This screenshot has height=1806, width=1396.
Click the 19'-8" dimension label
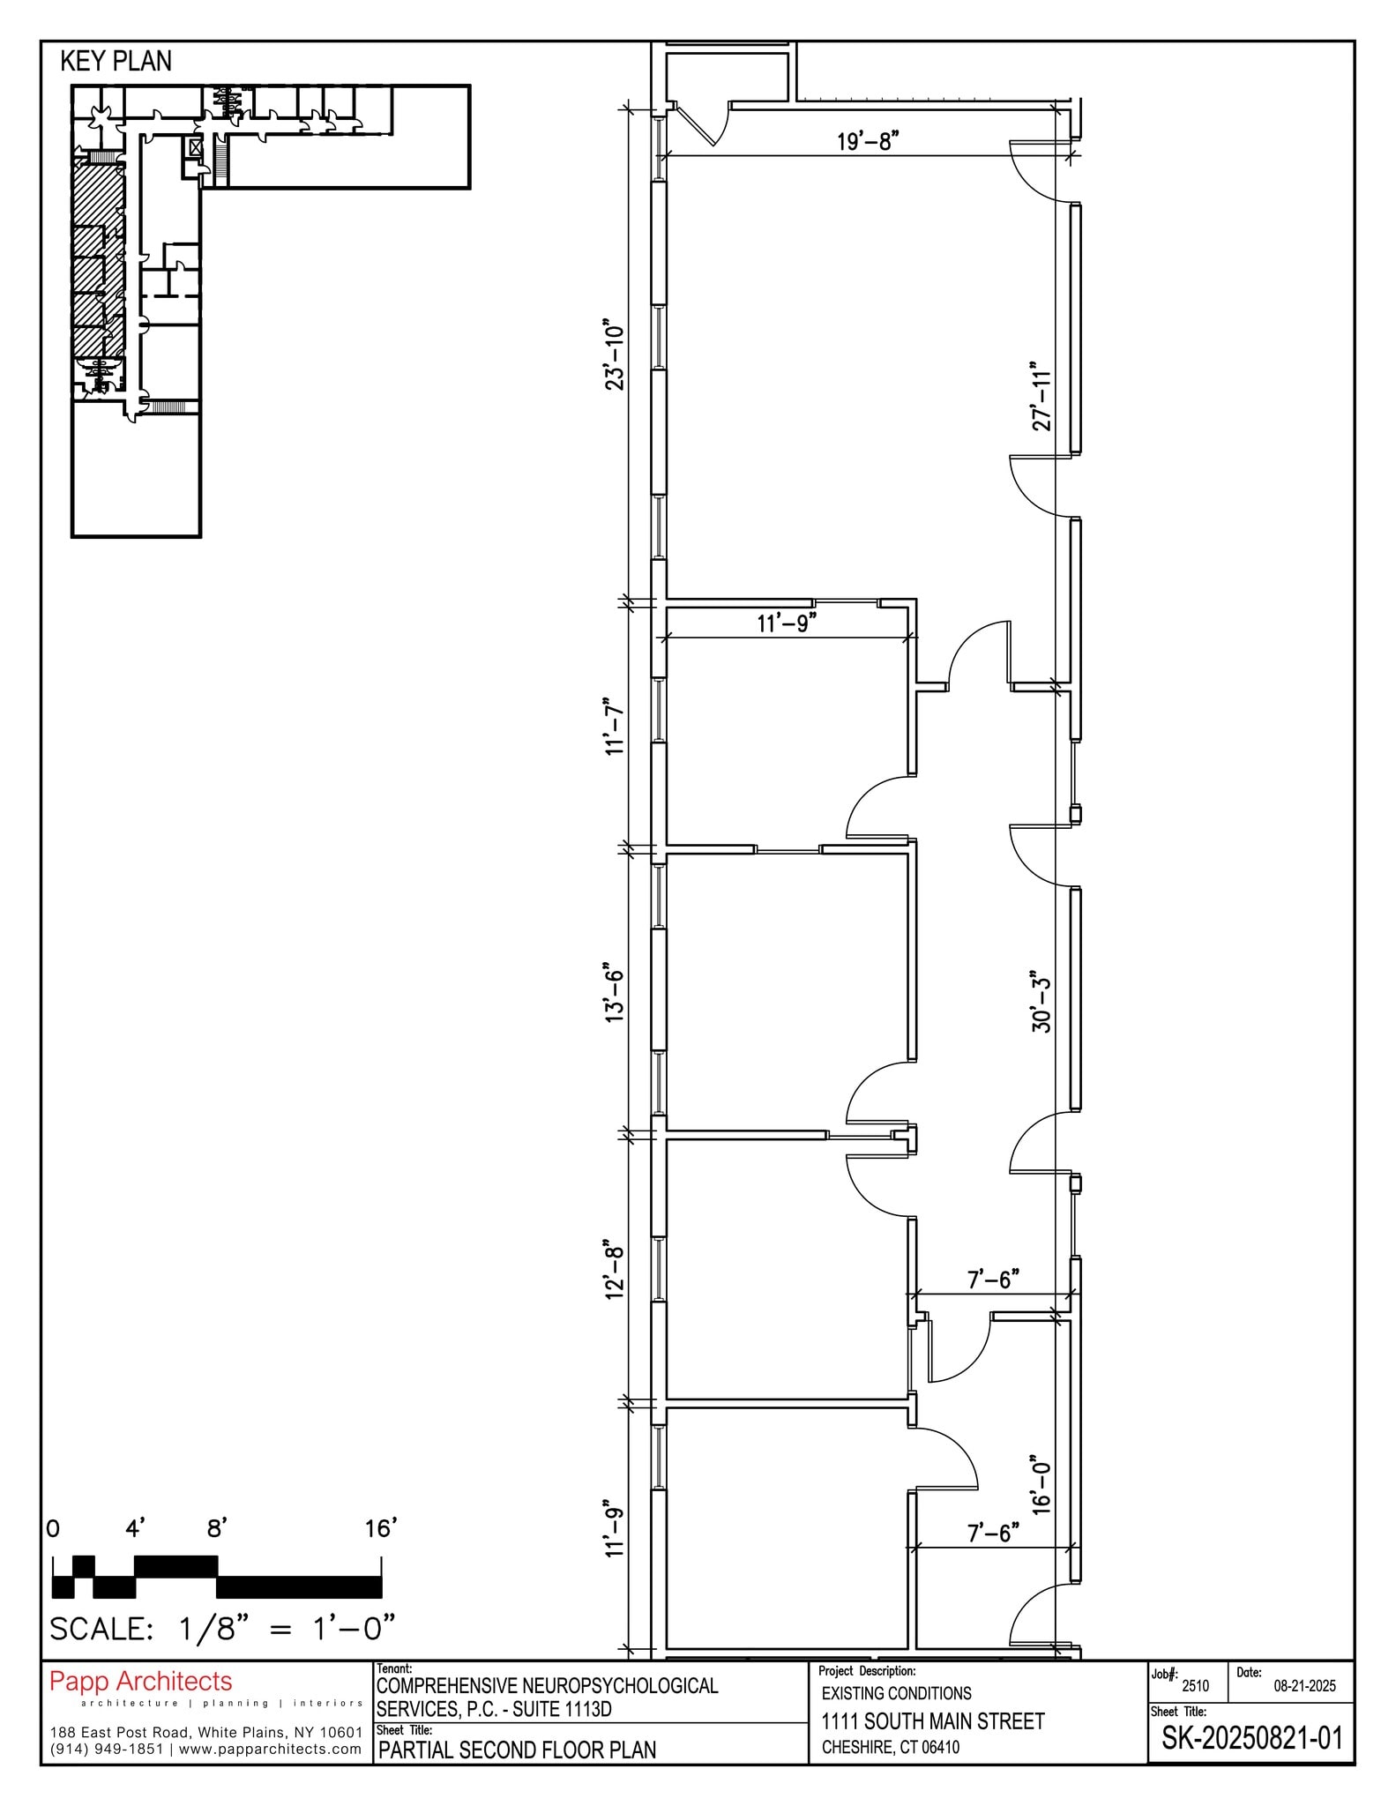[867, 141]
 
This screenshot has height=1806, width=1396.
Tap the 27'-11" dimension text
[1042, 395]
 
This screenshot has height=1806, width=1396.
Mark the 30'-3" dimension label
[1042, 1003]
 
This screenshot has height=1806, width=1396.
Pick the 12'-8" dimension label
[614, 1272]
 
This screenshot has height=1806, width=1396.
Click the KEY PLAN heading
[116, 61]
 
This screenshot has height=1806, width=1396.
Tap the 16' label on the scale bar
[381, 1528]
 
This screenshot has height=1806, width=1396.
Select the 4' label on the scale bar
[135, 1528]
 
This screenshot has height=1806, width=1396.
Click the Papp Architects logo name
[140, 1682]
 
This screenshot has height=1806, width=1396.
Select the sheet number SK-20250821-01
[1251, 1738]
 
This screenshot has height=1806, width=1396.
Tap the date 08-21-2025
[1304, 1686]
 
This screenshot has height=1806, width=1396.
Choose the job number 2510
[1195, 1686]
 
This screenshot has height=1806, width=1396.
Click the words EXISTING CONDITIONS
[896, 1693]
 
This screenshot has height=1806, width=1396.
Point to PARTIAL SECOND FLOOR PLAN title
[517, 1750]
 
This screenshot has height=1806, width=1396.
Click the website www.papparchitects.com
[270, 1749]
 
